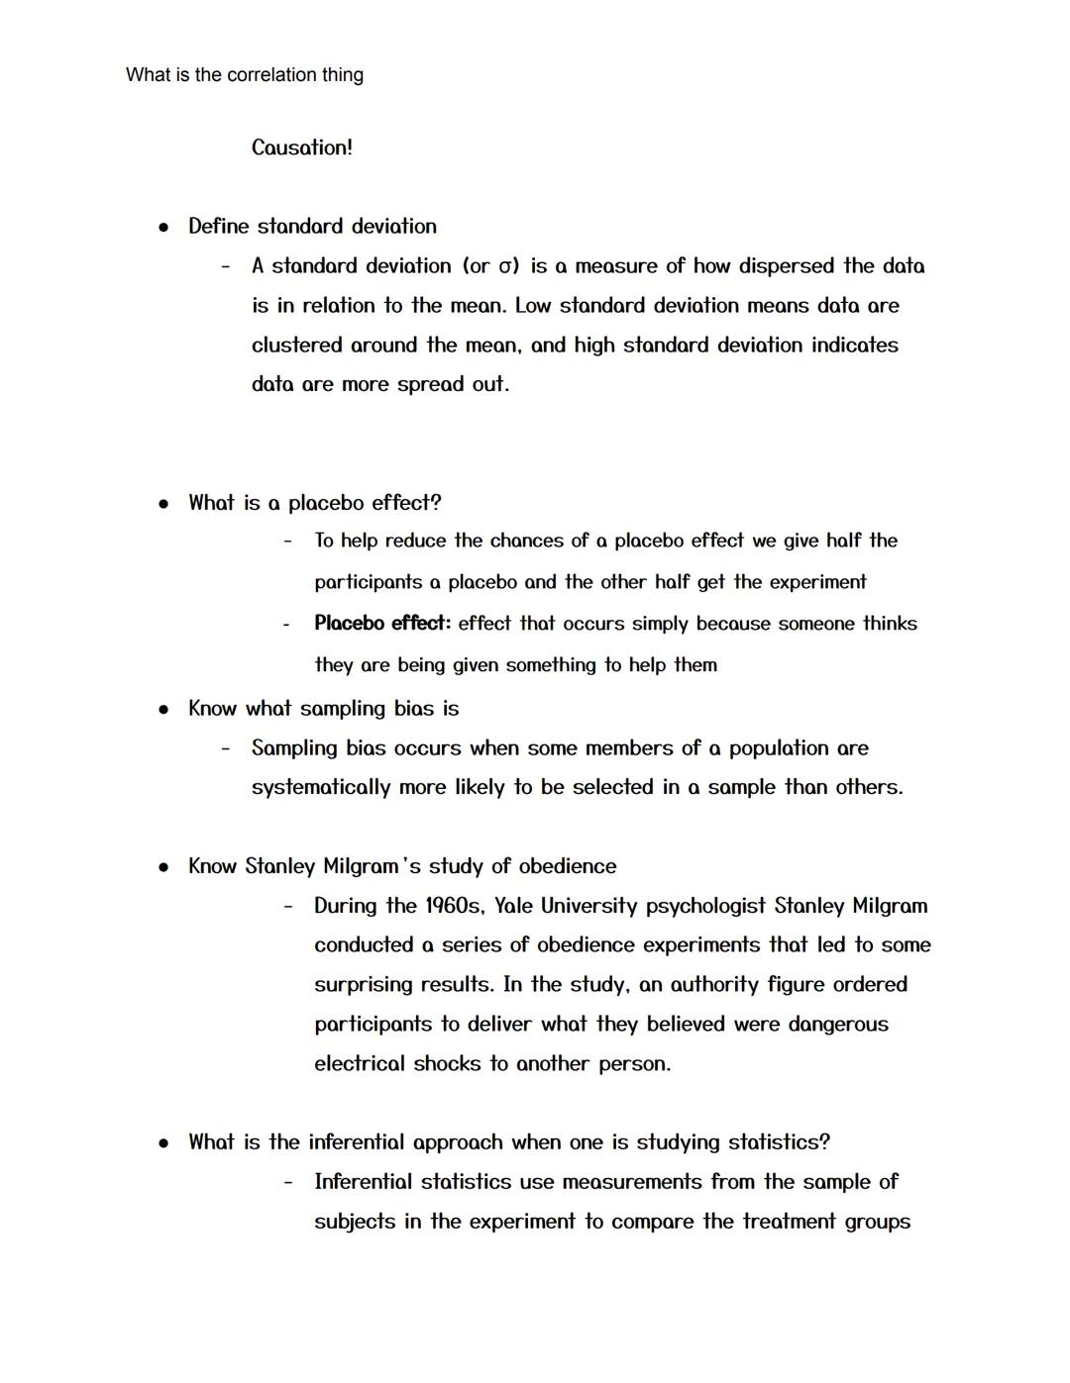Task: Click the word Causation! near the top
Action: tap(301, 148)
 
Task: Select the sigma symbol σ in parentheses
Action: tap(506, 266)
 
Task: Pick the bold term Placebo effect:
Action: tap(382, 624)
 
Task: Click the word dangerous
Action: tap(838, 1025)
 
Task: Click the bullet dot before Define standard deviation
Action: tap(163, 227)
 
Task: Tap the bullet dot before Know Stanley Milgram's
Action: tap(163, 867)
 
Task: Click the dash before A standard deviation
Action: tap(226, 266)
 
